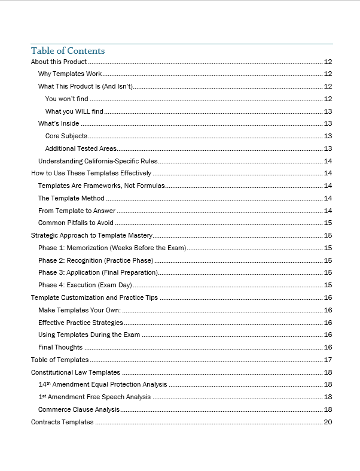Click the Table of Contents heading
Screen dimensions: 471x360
pos(68,51)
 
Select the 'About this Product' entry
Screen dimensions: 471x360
pos(59,62)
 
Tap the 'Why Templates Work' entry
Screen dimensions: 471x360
pos(70,74)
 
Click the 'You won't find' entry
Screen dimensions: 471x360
pos(68,99)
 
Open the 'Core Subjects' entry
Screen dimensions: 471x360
pos(66,136)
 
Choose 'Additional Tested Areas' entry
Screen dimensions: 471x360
pos(81,148)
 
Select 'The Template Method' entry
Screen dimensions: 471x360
pos(71,198)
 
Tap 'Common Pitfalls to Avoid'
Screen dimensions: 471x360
pos(75,223)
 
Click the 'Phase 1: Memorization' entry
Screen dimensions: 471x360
pos(112,248)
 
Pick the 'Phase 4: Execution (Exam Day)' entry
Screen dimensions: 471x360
pos(85,285)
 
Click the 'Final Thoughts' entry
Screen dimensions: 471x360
pos(60,347)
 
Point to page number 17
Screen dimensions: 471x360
pos(328,360)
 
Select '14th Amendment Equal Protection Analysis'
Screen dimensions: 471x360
pos(102,384)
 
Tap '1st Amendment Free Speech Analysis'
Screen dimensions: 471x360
pos(94,397)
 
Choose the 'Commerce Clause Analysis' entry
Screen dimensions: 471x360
pos(79,409)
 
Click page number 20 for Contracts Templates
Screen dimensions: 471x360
pos(328,422)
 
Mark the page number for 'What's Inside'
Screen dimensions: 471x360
pos(328,124)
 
